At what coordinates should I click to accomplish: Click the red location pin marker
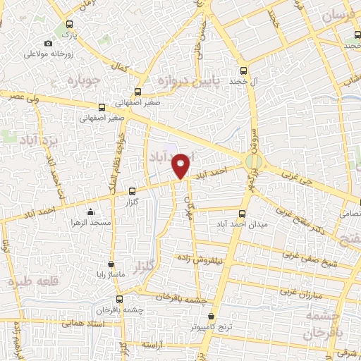182,164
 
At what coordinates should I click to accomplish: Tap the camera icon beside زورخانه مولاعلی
49,44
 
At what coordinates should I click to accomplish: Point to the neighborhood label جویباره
85,80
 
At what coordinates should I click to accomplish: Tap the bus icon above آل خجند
243,71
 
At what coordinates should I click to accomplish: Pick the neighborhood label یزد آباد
32,133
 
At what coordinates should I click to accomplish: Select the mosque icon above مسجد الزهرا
90,212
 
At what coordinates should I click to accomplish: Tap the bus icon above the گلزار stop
133,190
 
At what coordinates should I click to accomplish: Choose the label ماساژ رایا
111,274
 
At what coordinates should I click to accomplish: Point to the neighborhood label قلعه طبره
31,281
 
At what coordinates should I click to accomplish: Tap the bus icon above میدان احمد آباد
243,214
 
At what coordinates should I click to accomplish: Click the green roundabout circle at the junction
253,163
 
